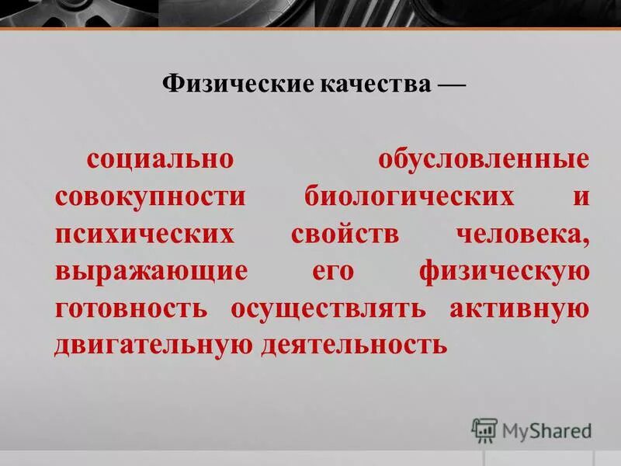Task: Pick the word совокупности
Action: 150,196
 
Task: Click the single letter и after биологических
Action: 581,197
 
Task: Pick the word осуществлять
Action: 328,308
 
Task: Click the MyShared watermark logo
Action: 531,429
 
